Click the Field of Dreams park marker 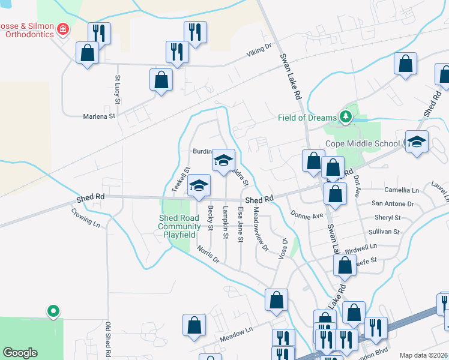pyautogui.click(x=345, y=116)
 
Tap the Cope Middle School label pyautogui.click(x=362, y=143)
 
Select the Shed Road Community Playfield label pyautogui.click(x=179, y=226)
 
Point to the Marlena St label pyautogui.click(x=99, y=116)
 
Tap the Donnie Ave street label pyautogui.click(x=307, y=214)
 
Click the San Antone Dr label pyautogui.click(x=393, y=204)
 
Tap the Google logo pyautogui.click(x=20, y=352)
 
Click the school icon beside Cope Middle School pyautogui.click(x=417, y=142)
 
